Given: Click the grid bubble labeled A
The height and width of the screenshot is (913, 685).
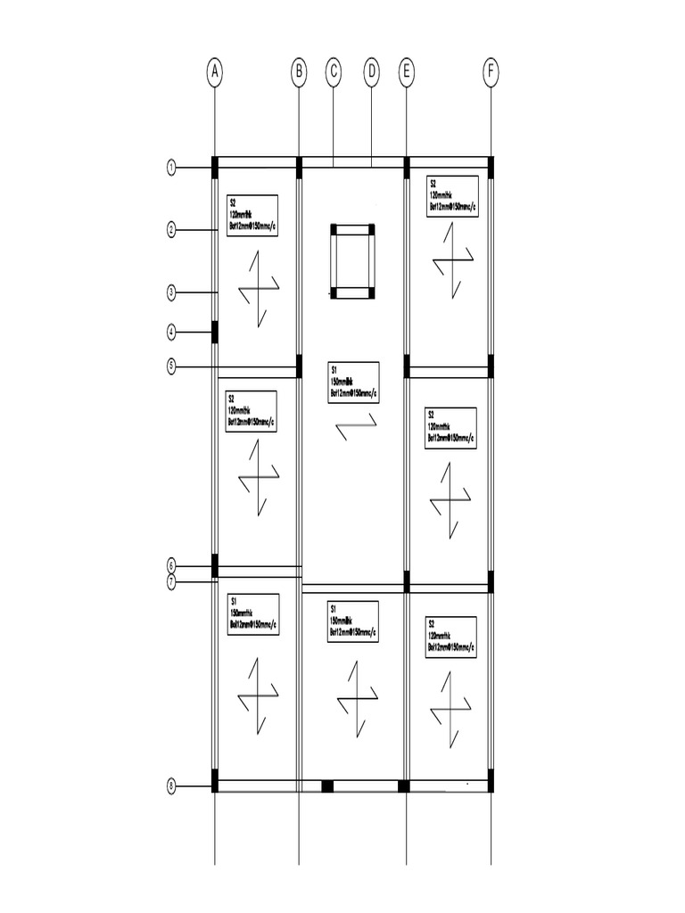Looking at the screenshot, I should (214, 73).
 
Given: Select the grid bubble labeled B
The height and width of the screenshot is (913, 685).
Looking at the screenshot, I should (299, 73).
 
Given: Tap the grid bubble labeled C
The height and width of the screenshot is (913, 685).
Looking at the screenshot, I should (334, 73).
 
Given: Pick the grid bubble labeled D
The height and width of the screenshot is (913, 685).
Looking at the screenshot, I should (372, 73).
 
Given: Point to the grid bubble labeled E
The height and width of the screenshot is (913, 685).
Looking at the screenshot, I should (407, 73).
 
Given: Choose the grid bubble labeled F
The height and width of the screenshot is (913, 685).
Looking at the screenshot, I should (491, 73).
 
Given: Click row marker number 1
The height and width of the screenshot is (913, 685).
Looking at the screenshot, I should (171, 167).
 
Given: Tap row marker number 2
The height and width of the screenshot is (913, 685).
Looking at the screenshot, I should (171, 230).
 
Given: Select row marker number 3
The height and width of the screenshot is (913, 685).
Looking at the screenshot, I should (171, 292).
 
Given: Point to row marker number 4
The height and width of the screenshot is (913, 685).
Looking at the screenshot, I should (171, 333).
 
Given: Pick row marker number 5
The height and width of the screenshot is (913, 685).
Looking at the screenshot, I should (171, 366).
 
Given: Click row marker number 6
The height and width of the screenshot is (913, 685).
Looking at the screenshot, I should (171, 565).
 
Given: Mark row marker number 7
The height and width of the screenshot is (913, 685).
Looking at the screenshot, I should (171, 582).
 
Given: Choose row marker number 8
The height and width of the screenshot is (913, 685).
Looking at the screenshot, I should (171, 786).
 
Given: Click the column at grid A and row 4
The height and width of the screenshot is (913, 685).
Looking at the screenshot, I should (214, 332).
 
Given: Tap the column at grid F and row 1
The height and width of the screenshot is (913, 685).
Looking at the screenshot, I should (491, 167).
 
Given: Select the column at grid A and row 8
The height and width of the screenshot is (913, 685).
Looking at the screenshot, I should (214, 781).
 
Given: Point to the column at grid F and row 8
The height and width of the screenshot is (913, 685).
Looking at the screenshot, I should (491, 782).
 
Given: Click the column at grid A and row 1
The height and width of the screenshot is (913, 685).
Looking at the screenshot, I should (214, 167).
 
